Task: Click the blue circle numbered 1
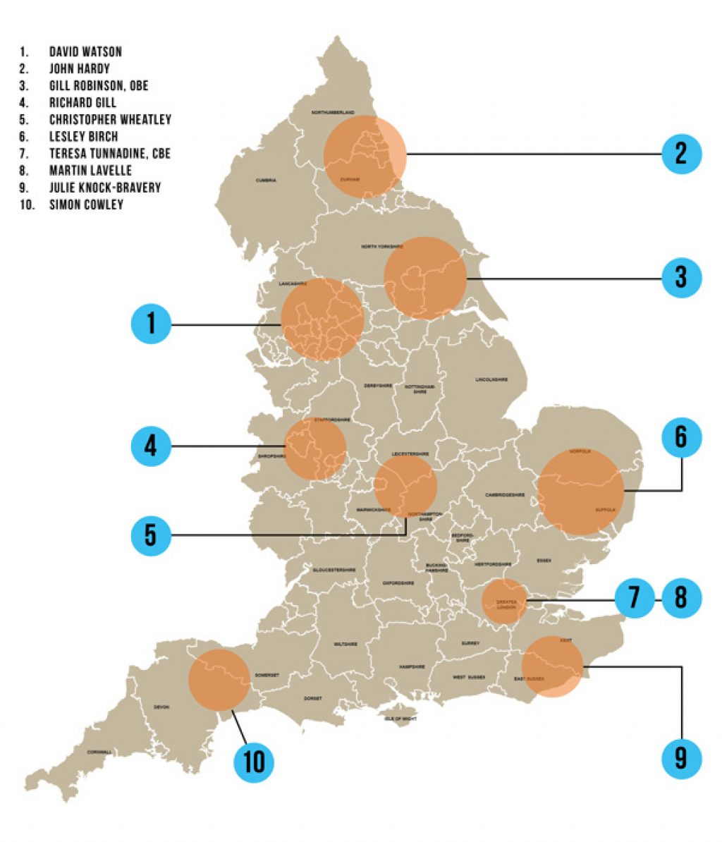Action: click(152, 324)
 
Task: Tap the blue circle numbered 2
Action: click(681, 154)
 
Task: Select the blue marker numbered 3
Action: click(681, 277)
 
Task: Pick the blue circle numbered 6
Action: click(681, 437)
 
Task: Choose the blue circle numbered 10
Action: click(254, 762)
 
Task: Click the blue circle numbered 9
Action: click(681, 758)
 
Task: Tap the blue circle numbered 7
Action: click(634, 598)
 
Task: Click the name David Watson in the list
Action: click(85, 51)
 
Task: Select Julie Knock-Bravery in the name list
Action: click(105, 188)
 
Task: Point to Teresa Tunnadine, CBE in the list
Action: click(110, 153)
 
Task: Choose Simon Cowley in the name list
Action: click(86, 205)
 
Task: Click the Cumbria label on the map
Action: click(266, 181)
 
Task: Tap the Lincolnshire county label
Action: click(491, 379)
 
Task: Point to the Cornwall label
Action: click(99, 752)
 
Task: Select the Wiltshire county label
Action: click(345, 644)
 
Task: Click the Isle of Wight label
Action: click(401, 719)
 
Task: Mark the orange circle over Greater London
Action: click(505, 602)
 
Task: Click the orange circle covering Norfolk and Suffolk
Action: click(580, 492)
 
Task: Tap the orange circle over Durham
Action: click(365, 155)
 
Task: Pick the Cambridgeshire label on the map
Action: click(506, 495)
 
